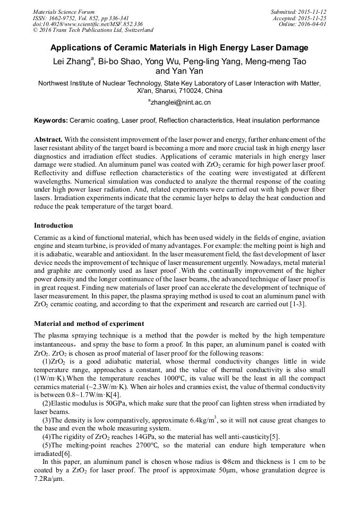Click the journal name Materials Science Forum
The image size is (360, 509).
point(64,12)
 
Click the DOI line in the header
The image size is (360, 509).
point(88,24)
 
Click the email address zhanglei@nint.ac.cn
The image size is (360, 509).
point(181,102)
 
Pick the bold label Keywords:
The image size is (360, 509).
point(50,121)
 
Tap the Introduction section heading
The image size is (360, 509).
point(54,226)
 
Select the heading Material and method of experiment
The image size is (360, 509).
point(89,323)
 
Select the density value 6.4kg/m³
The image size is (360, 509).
point(196,420)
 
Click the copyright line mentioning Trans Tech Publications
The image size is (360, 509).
point(93,30)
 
